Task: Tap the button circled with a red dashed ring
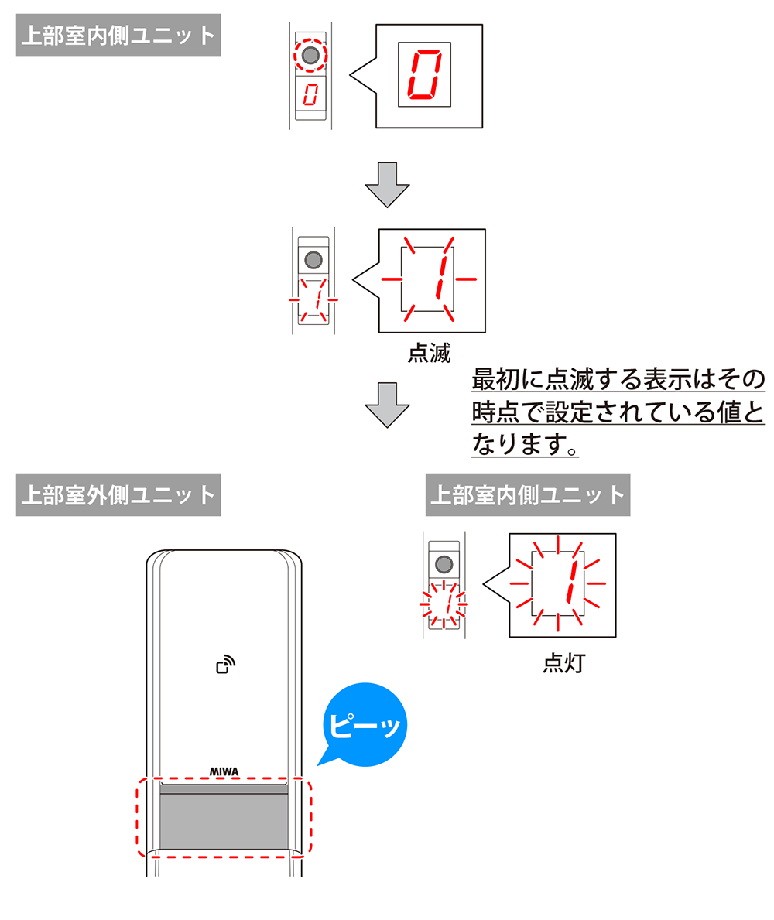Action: tap(311, 56)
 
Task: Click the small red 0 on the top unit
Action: tap(311, 96)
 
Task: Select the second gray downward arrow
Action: tap(386, 404)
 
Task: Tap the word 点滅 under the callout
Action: tap(429, 353)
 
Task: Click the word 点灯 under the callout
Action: tap(563, 663)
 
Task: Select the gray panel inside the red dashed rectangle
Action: tap(224, 820)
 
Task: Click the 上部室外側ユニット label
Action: tap(118, 494)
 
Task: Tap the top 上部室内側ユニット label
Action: tap(118, 36)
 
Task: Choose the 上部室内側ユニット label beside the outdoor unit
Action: tap(527, 494)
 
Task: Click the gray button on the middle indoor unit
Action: tap(313, 260)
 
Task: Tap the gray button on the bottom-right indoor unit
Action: tap(444, 564)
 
